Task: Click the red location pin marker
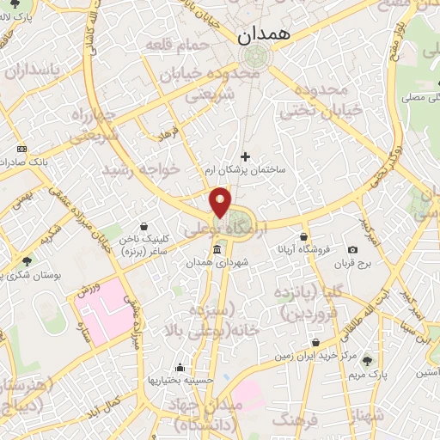click(x=221, y=203)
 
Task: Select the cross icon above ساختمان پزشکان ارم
click(x=246, y=156)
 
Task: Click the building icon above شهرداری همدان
click(x=216, y=249)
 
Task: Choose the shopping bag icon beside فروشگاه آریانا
click(x=303, y=236)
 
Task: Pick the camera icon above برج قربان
click(x=352, y=249)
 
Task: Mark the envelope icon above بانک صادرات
click(x=21, y=148)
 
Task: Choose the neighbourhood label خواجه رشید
click(x=141, y=170)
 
